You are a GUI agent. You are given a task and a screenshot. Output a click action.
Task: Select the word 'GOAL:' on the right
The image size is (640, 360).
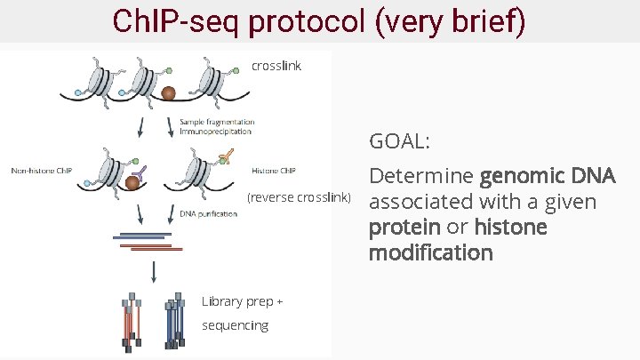[400, 141]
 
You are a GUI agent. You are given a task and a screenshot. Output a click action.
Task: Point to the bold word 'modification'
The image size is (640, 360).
[430, 253]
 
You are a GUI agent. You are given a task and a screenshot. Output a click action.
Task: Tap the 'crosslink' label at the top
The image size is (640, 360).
[276, 66]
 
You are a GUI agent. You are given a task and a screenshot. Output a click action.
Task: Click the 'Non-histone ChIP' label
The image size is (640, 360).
[41, 171]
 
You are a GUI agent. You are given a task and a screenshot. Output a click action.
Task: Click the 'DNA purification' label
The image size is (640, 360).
[209, 214]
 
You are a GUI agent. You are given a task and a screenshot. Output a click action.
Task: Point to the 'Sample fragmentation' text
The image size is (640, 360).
[217, 123]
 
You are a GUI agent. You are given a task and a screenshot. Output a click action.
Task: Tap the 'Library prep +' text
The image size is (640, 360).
[243, 300]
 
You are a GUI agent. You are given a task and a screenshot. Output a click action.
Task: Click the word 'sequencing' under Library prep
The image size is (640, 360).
[235, 325]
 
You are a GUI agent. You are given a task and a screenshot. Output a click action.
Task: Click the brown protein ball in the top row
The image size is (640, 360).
[169, 92]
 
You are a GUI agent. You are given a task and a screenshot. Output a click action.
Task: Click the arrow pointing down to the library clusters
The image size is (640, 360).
[154, 271]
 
